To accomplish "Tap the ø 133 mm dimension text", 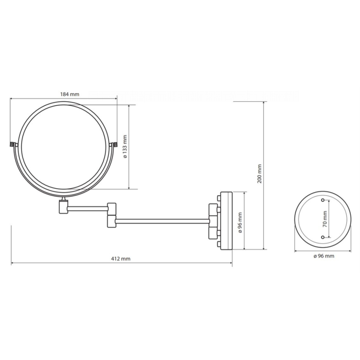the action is (x=125, y=147).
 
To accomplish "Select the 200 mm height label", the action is (x=260, y=174).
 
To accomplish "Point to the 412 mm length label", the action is (x=121, y=259).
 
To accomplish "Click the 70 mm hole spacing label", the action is (x=325, y=219).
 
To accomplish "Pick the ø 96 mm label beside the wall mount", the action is (x=240, y=222).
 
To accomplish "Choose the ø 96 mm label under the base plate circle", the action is (x=324, y=256).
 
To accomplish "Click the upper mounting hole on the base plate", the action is (x=323, y=200).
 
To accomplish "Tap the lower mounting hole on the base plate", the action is (x=323, y=237).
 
